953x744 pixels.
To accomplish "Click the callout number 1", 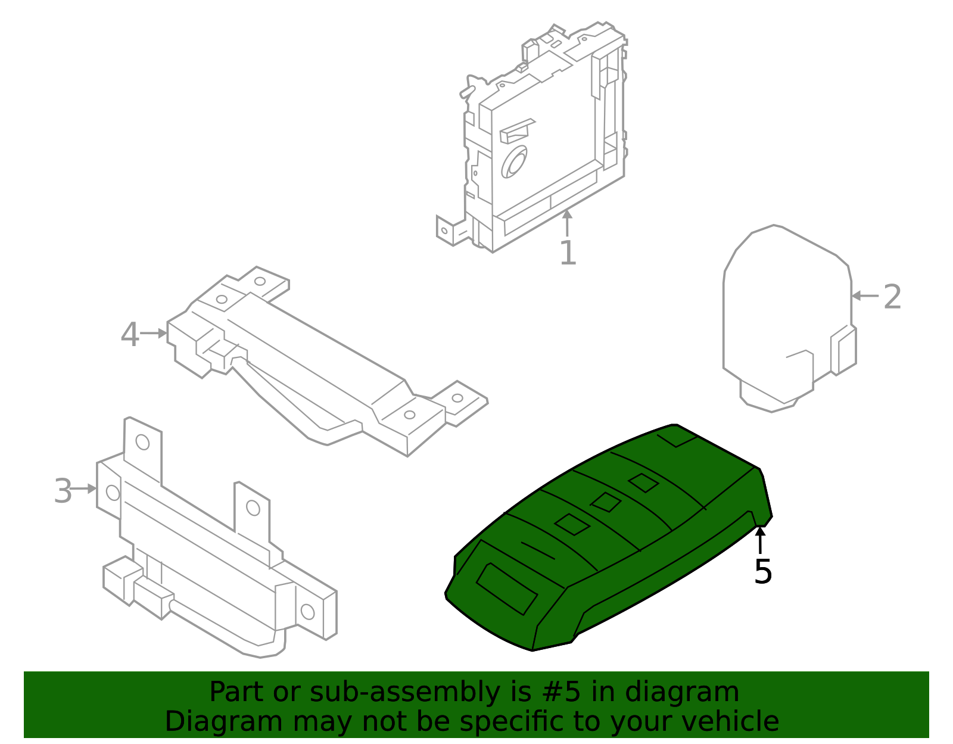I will click(568, 253).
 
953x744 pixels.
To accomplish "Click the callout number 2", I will click(892, 297).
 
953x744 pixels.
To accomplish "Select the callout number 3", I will click(63, 491).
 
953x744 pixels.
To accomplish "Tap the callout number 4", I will click(129, 335).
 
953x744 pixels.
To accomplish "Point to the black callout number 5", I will click(762, 572).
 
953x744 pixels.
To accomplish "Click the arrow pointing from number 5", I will click(760, 539).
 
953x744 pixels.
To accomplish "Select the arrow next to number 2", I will click(864, 295).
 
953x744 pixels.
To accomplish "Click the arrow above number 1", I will click(567, 223).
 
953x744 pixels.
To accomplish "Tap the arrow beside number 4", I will click(154, 334).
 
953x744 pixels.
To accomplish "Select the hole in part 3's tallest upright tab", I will click(142, 442).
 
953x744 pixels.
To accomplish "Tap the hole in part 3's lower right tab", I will click(307, 611).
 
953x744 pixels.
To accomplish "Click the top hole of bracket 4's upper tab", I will click(260, 281).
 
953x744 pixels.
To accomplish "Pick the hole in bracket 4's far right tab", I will click(457, 398).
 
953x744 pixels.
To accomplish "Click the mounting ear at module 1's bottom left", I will click(445, 231).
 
